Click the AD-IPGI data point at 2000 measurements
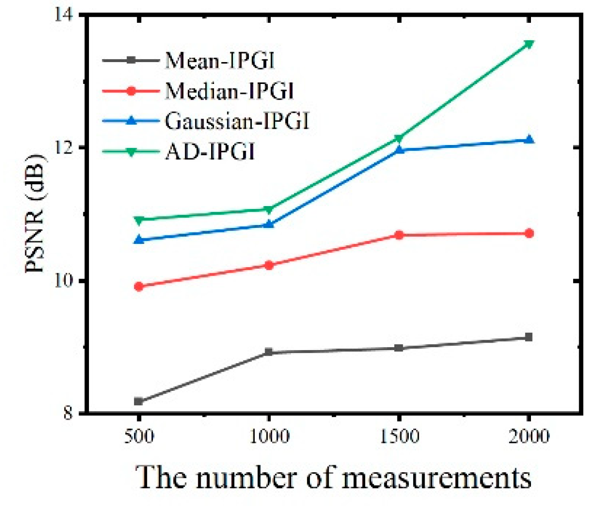tap(529, 44)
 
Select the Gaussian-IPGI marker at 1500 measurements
tap(399, 149)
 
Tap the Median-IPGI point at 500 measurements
tap(139, 287)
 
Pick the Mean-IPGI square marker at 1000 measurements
tap(269, 352)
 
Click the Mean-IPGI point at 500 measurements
tap(139, 401)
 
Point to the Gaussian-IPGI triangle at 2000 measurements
tap(529, 140)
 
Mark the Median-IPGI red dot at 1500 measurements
tap(399, 235)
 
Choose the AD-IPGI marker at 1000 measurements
tap(269, 210)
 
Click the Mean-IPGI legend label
tap(220, 61)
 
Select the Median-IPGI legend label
tap(229, 91)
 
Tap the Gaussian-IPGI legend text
tap(237, 121)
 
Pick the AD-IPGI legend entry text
tap(210, 151)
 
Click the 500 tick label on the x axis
tap(139, 437)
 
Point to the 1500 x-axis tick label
tap(399, 437)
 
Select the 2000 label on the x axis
tap(529, 437)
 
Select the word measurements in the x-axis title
tap(437, 478)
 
